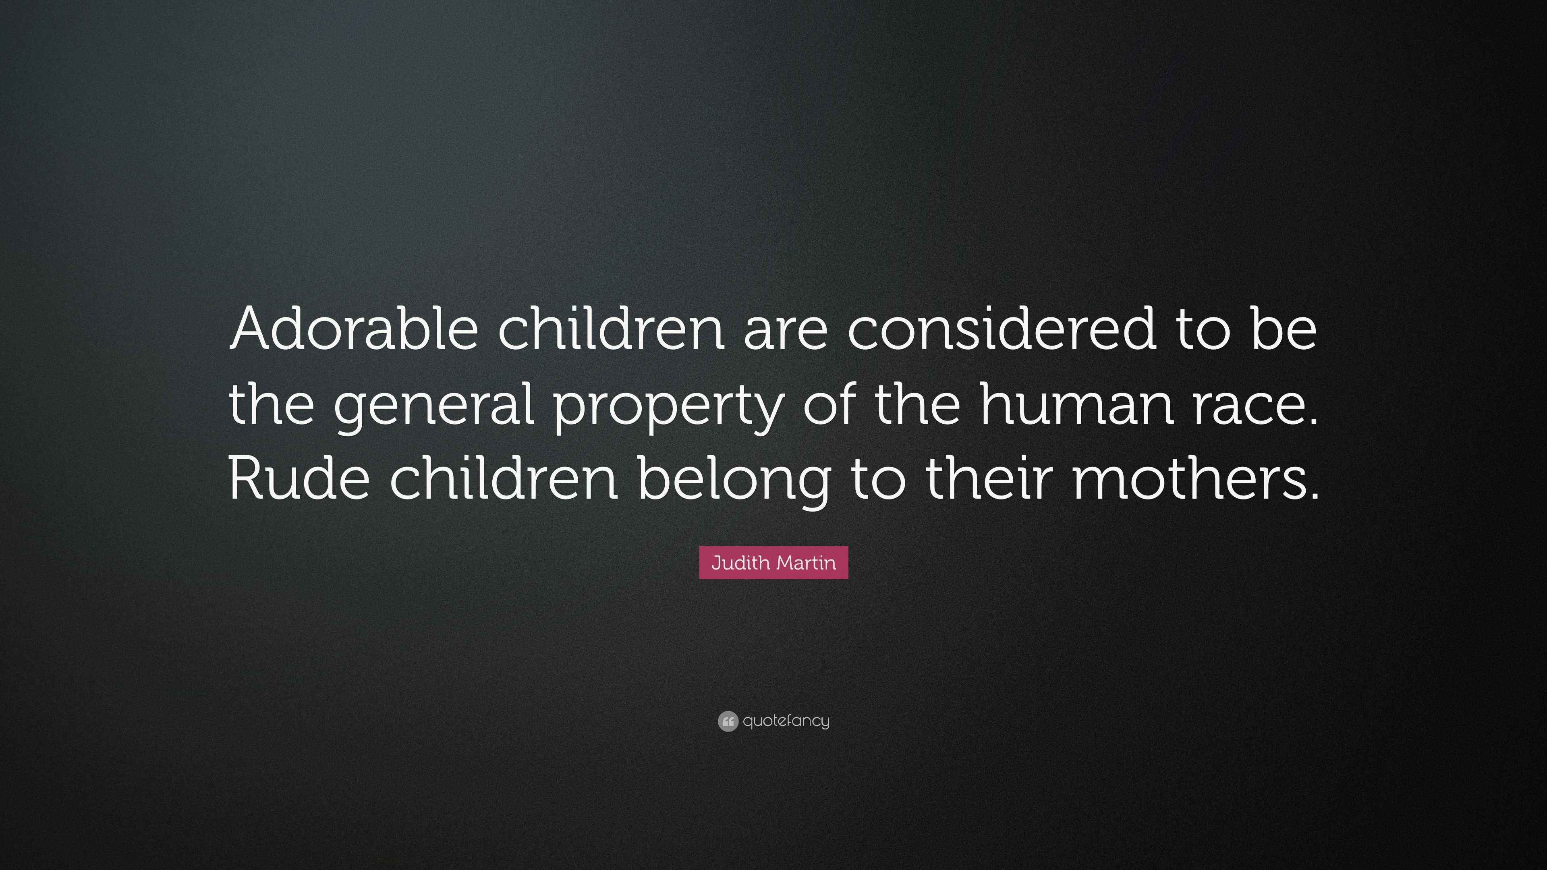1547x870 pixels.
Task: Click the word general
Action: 433,406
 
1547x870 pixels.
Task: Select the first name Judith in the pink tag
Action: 740,563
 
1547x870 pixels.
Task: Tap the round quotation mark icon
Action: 728,721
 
